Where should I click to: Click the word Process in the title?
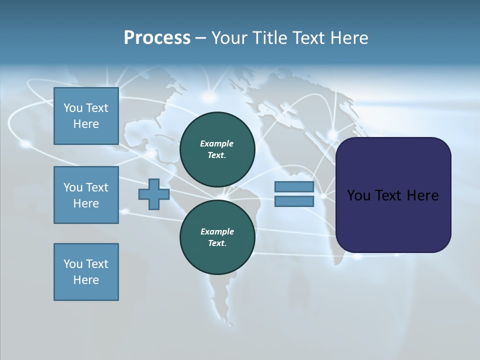[x=157, y=38]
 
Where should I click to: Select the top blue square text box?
[x=86, y=116]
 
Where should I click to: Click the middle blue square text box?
[x=86, y=195]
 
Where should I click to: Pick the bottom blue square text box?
[x=86, y=272]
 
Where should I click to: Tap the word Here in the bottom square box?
[x=86, y=280]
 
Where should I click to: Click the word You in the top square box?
[x=72, y=108]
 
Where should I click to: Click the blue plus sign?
[x=154, y=194]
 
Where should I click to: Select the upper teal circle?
[x=217, y=149]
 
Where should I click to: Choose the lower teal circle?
[x=217, y=237]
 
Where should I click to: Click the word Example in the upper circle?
[x=217, y=143]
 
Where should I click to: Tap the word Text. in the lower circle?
[x=217, y=243]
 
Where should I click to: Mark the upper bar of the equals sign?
[x=294, y=187]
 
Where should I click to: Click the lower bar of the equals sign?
[x=294, y=201]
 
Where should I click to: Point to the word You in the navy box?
[x=358, y=195]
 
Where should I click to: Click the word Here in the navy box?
[x=422, y=195]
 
